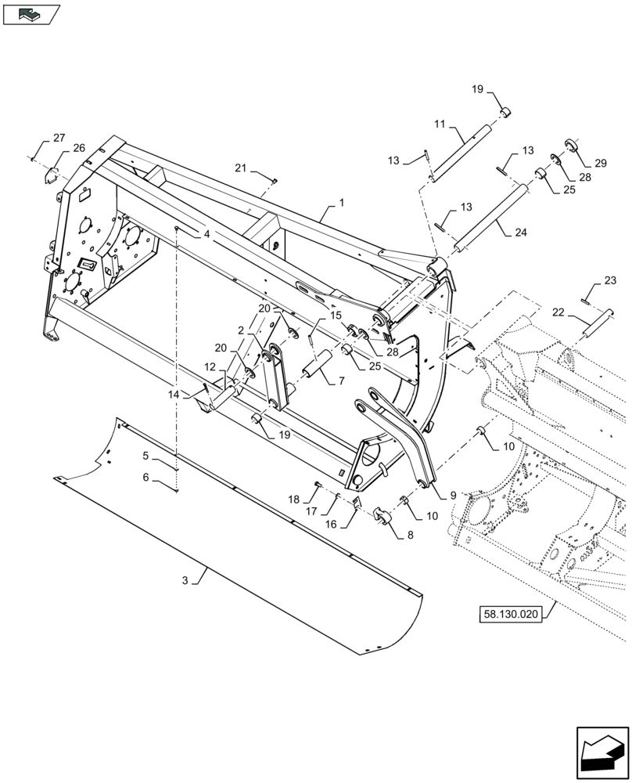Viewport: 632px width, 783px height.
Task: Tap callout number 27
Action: coord(59,139)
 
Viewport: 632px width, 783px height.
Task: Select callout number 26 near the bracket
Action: coord(79,148)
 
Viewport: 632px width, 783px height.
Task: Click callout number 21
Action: coord(241,168)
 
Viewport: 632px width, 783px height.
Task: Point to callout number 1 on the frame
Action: coord(341,202)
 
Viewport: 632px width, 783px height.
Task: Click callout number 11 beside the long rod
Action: coord(440,124)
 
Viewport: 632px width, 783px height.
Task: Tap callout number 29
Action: coord(600,163)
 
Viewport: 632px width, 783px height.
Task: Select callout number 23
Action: coord(611,280)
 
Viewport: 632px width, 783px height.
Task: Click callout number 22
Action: coord(558,312)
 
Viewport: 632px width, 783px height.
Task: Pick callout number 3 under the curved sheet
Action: coord(185,580)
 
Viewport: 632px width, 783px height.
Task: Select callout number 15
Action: coord(336,316)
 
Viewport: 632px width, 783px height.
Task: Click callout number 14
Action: coord(173,396)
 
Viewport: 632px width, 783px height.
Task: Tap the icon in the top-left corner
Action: coord(31,13)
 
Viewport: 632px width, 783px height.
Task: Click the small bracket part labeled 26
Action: coord(53,174)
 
